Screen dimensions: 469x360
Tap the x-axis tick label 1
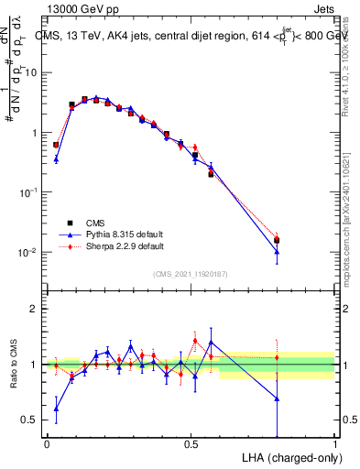click(x=334, y=444)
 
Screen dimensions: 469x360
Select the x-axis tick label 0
click(x=47, y=444)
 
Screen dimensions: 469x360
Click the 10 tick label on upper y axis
click(x=31, y=72)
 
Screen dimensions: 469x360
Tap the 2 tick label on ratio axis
click(x=35, y=309)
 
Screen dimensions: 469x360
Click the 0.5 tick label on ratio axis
click(x=31, y=420)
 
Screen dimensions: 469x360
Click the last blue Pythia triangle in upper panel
click(x=277, y=252)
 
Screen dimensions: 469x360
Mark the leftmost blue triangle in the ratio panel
click(x=56, y=409)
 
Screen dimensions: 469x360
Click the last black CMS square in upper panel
click(x=277, y=240)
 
